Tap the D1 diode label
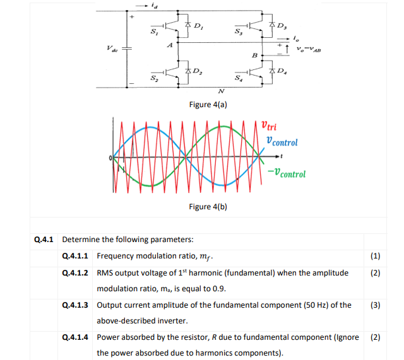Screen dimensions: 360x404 (x=198, y=27)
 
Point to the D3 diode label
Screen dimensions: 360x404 (x=282, y=26)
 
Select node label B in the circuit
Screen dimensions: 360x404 (x=255, y=56)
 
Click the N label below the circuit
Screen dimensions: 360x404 (x=220, y=91)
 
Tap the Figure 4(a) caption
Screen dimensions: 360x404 (x=208, y=104)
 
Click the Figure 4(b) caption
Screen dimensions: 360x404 (x=208, y=207)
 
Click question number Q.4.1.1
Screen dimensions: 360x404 (x=76, y=256)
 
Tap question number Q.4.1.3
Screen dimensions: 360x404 (x=76, y=305)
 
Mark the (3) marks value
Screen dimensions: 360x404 (x=375, y=305)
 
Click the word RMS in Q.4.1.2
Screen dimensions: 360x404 (x=106, y=272)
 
